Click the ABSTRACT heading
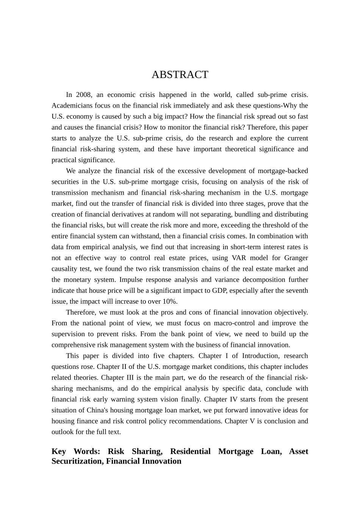(x=180, y=75)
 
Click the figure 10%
(x=170, y=301)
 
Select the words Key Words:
(x=76, y=451)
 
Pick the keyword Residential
(x=190, y=451)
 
